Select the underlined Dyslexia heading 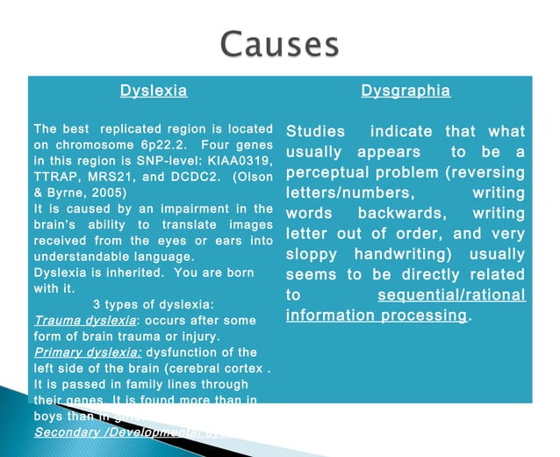coord(154,91)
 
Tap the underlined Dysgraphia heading coord(406,91)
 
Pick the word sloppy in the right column coord(312,254)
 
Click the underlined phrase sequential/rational coord(451,294)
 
